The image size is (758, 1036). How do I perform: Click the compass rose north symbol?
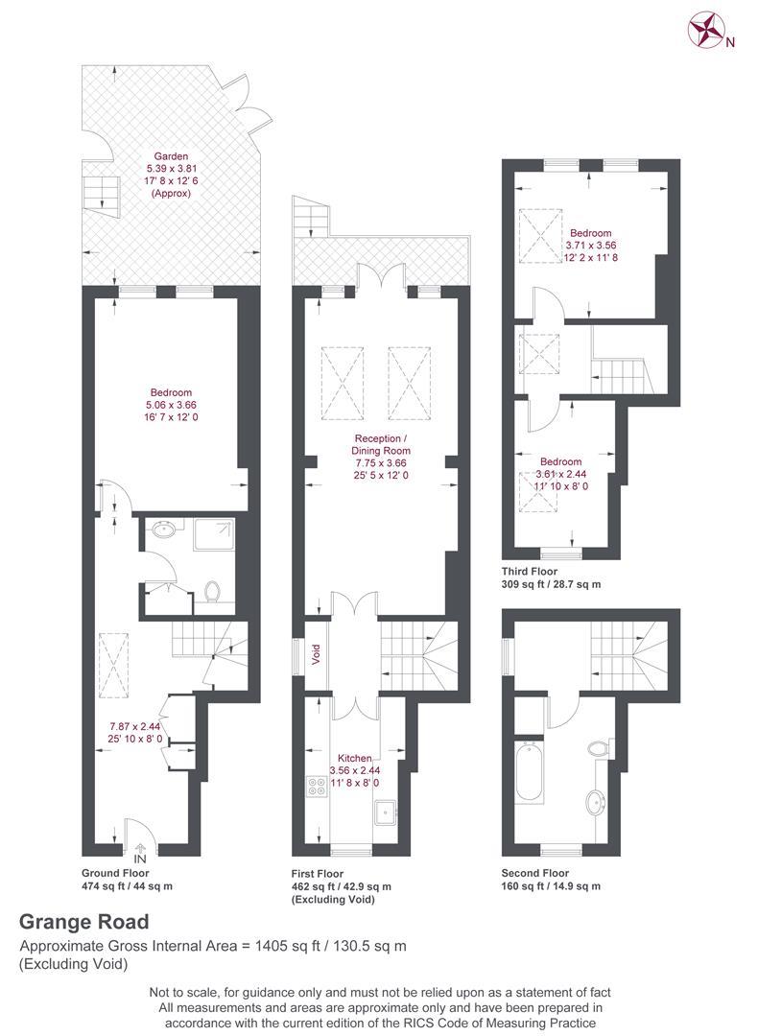[706, 31]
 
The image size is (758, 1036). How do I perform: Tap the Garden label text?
[171, 156]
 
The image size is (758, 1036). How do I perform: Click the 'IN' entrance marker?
[140, 859]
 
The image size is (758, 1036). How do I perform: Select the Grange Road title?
[83, 922]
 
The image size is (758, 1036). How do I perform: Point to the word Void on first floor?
[316, 654]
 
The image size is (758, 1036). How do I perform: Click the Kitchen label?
[355, 758]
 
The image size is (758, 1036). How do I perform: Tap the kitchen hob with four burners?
[317, 787]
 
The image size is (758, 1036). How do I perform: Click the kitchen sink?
[385, 812]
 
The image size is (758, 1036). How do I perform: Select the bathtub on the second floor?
[530, 772]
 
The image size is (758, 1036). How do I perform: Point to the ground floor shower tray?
[214, 534]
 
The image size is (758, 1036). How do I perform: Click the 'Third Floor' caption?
[530, 572]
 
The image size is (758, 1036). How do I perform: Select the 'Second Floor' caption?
[535, 873]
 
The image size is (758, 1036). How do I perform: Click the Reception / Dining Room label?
[381, 445]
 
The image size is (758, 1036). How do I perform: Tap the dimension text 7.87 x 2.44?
[135, 726]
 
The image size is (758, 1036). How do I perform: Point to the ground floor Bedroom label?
[171, 392]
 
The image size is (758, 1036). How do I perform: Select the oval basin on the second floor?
[596, 805]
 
